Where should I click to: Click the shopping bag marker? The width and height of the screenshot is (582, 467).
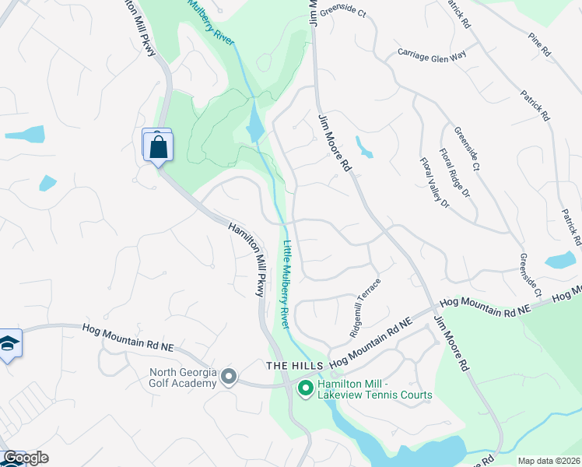[x=158, y=146]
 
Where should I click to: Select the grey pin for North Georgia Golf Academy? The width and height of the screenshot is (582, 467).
[x=228, y=377]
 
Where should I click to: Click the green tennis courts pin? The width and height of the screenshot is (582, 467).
[x=306, y=387]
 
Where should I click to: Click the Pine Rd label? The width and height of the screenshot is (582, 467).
[x=538, y=44]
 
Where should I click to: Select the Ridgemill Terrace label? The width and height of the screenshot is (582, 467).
[x=366, y=307]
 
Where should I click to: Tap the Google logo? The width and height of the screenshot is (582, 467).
[x=25, y=458]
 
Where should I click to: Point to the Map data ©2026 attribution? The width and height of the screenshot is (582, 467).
[x=549, y=461]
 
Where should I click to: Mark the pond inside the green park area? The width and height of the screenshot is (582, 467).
[x=255, y=123]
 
